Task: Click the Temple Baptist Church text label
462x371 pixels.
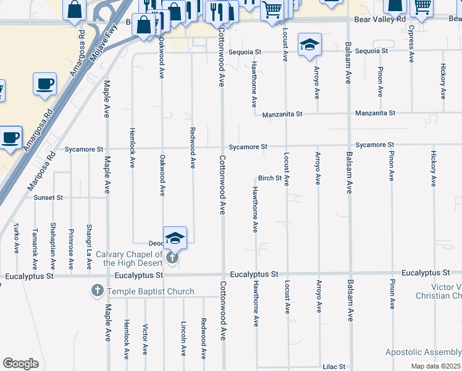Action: click(x=151, y=291)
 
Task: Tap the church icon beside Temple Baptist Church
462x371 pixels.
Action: click(x=97, y=291)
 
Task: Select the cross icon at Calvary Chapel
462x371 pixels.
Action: click(x=172, y=258)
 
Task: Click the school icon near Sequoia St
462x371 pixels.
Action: click(x=309, y=45)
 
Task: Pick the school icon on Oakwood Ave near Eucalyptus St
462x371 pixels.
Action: click(x=175, y=238)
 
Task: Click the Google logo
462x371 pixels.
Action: click(x=20, y=364)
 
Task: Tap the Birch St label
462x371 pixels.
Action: click(x=270, y=178)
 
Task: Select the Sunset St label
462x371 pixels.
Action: click(x=48, y=198)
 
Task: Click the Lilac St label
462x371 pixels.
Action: click(x=334, y=367)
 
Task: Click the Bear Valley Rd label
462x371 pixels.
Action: click(x=380, y=20)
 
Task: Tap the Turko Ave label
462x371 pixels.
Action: click(x=17, y=239)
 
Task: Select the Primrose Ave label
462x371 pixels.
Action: click(x=71, y=246)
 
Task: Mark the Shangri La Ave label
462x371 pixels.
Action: click(x=90, y=246)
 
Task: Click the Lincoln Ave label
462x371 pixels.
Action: click(x=183, y=338)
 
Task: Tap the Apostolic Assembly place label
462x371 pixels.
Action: click(x=423, y=352)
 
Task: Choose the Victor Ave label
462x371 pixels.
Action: click(x=145, y=339)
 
